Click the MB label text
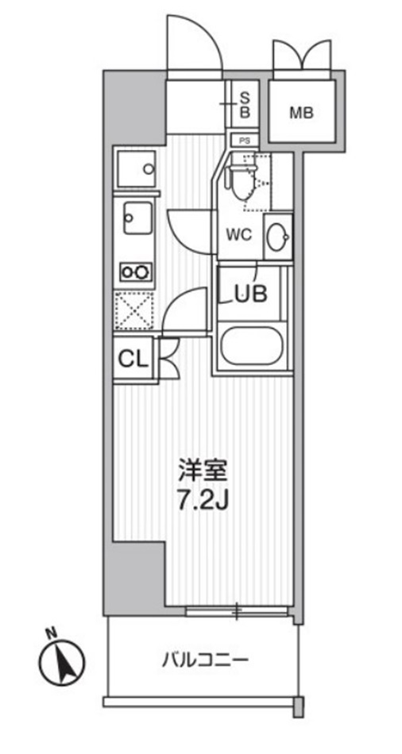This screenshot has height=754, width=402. (x=301, y=113)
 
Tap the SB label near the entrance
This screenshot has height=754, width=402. (x=245, y=105)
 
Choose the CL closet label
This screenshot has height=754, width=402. (x=133, y=359)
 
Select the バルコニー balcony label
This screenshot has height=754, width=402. (x=206, y=658)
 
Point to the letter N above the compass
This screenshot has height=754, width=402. (x=50, y=633)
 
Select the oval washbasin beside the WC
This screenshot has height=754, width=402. (x=278, y=236)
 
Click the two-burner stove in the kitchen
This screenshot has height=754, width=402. (x=136, y=272)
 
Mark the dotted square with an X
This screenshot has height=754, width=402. (x=135, y=310)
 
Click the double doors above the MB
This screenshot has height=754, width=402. (x=301, y=57)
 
